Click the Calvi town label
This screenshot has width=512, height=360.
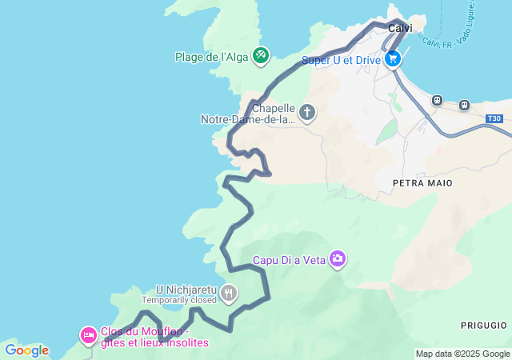pyautogui.click(x=400, y=28)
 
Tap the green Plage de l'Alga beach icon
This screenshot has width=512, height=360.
pyautogui.click(x=261, y=55)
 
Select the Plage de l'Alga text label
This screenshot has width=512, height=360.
pyautogui.click(x=212, y=56)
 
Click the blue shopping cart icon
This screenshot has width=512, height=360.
pyautogui.click(x=392, y=59)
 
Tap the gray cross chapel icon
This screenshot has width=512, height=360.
pyautogui.click(x=308, y=114)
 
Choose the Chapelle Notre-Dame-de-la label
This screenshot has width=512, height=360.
pyautogui.click(x=249, y=114)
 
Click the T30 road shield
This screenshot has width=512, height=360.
pyautogui.click(x=496, y=118)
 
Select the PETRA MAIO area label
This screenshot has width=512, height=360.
pyautogui.click(x=422, y=183)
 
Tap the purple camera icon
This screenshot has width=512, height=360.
pyautogui.click(x=338, y=258)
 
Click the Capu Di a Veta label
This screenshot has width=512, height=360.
pyautogui.click(x=289, y=259)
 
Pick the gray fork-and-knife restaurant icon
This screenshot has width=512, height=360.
pyautogui.click(x=230, y=294)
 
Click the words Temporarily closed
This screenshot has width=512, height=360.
pyautogui.click(x=179, y=300)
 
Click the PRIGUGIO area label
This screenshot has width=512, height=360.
pyautogui.click(x=483, y=326)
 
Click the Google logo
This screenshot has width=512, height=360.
pyautogui.click(x=26, y=350)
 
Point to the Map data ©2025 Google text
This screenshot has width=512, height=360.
pyautogui.click(x=462, y=354)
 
